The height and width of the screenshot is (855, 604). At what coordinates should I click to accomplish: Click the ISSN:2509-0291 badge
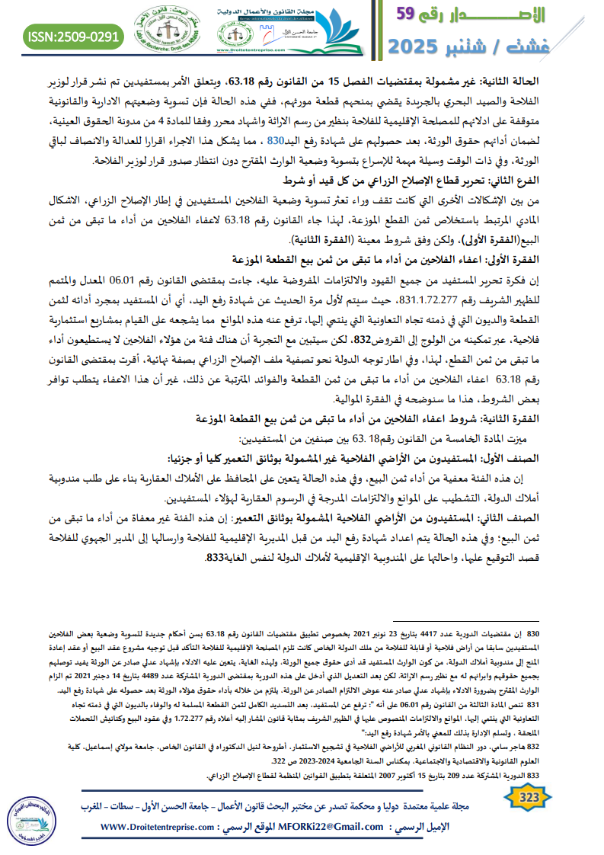[73, 35]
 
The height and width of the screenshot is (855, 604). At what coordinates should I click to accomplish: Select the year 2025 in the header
[422, 47]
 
